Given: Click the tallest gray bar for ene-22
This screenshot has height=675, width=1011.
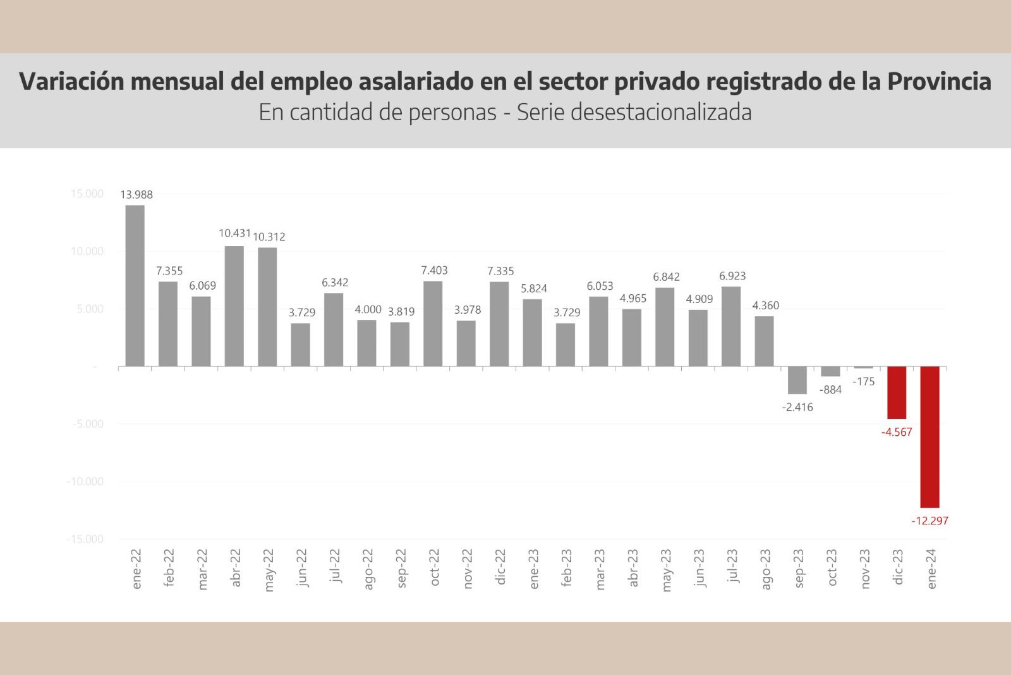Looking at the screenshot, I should click(135, 286).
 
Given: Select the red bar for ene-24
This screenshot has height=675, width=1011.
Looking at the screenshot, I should click(929, 437).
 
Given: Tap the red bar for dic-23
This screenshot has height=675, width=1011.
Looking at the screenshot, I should click(897, 392).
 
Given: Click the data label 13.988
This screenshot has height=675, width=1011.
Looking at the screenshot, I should click(136, 195).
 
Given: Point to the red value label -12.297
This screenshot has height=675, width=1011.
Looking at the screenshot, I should click(929, 521).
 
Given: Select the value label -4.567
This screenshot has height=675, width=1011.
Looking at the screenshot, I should click(897, 433).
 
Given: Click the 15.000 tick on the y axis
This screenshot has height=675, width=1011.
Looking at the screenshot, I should click(87, 194).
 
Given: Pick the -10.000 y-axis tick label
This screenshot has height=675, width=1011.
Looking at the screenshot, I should click(85, 481).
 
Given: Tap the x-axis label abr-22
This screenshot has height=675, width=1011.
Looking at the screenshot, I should click(236, 568).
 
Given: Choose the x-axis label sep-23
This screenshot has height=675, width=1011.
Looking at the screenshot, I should click(799, 568).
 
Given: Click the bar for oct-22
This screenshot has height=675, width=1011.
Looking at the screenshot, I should click(433, 324).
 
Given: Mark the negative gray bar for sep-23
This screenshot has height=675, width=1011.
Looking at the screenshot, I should click(797, 380).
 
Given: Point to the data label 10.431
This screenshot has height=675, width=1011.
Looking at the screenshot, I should click(235, 233).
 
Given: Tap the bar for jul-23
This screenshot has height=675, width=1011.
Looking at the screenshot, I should click(731, 326).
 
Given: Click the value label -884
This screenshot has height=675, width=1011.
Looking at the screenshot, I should click(830, 390).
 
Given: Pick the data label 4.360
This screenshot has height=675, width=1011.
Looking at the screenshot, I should click(765, 306).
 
